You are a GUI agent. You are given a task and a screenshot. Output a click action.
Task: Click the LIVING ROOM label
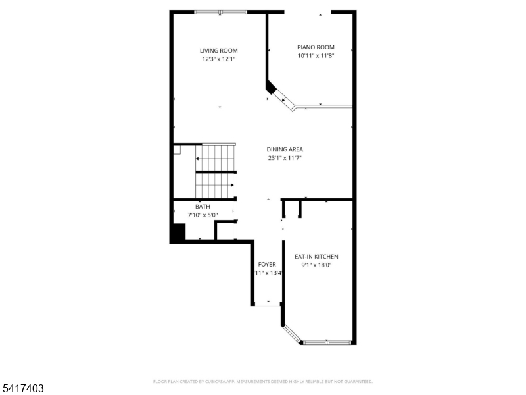point(219,51)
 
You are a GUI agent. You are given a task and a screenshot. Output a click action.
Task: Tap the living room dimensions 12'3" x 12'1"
point(219,59)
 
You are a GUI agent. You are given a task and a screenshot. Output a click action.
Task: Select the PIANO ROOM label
point(316,47)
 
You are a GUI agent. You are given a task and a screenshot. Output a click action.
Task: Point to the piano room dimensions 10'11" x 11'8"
point(316,56)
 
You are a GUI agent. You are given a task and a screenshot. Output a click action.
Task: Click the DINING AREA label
point(285,149)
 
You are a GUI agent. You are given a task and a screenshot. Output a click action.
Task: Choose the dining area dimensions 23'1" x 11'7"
point(285,158)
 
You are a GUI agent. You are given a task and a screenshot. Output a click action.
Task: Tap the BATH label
point(203,207)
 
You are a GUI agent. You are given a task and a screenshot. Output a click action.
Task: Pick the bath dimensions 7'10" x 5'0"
point(203,215)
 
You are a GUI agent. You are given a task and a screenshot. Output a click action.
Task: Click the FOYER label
point(267,265)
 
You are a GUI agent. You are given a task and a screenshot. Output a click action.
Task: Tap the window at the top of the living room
point(220,12)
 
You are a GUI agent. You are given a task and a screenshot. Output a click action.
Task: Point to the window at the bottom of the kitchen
point(327,342)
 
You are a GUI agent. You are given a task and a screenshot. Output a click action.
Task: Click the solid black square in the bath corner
point(178,233)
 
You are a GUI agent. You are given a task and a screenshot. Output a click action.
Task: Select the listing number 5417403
point(22,389)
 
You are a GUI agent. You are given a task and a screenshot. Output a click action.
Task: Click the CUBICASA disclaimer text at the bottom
point(263,381)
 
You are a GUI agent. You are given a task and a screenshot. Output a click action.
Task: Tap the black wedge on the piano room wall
point(270,87)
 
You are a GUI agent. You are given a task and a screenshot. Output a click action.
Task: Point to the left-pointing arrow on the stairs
point(197,159)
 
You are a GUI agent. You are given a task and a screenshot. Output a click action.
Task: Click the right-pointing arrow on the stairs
point(231,185)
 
